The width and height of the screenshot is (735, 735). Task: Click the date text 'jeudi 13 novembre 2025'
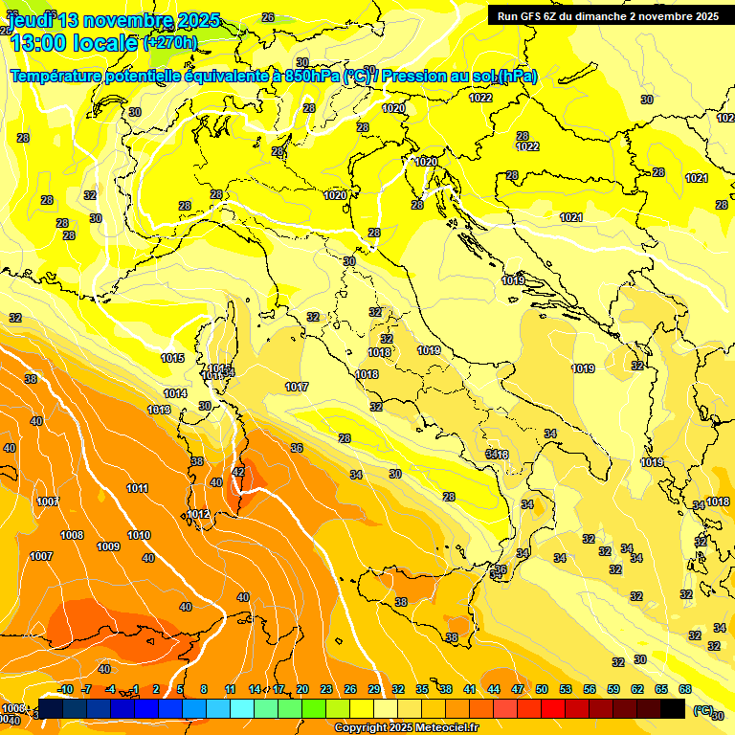[x=113, y=20]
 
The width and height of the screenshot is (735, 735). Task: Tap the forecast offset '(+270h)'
[x=170, y=43]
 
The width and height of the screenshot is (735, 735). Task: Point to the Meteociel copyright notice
[x=406, y=727]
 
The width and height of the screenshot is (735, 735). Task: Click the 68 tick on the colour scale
[x=684, y=689]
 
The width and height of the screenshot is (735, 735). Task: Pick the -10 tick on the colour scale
[x=66, y=689]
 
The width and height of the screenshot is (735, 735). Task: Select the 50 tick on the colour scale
[x=542, y=689]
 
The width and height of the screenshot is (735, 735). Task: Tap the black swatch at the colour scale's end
[x=673, y=708]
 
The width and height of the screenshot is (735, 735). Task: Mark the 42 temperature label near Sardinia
[x=238, y=472]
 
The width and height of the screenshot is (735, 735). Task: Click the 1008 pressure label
[x=73, y=535]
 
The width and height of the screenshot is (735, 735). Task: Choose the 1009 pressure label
[x=108, y=546]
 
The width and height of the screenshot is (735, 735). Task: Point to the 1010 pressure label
[x=139, y=535]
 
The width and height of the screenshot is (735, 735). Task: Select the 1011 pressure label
[x=137, y=488]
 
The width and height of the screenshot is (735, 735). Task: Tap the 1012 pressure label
[x=198, y=514]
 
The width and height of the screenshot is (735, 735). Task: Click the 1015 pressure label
[x=173, y=358]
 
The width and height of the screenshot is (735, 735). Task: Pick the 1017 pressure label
[x=297, y=387]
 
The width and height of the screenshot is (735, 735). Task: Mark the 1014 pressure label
[x=175, y=393]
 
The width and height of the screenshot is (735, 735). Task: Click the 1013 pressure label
[x=159, y=410]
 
